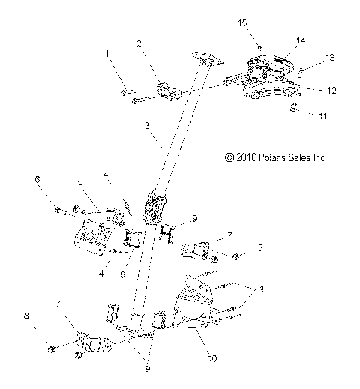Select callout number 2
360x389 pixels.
(139, 44)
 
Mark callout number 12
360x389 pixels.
(310, 90)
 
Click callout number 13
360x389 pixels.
(308, 57)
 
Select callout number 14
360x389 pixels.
(279, 40)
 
